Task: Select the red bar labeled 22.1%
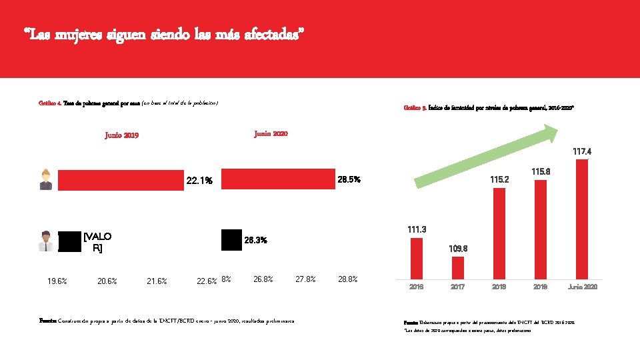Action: [120, 181]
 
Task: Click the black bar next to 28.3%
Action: [231, 239]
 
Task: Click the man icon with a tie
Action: [45, 241]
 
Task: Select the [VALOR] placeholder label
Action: [97, 242]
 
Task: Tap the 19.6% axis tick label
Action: [57, 281]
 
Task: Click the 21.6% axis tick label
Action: [157, 281]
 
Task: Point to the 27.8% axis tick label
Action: [305, 279]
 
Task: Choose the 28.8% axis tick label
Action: [347, 279]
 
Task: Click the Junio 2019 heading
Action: [122, 136]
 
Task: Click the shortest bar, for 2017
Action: [457, 267]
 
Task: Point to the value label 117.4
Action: [582, 151]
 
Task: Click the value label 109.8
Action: [457, 249]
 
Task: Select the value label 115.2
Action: [499, 179]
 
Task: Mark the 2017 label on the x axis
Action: [457, 287]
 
